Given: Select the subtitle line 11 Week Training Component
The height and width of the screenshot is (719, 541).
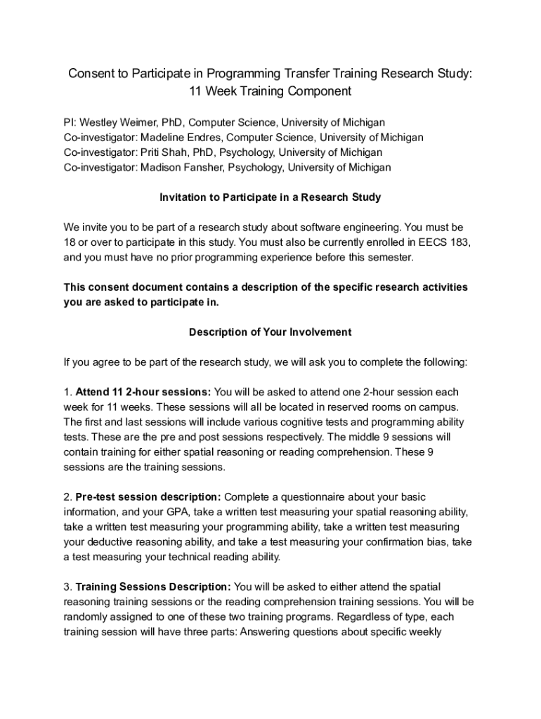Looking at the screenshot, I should pyautogui.click(x=270, y=91).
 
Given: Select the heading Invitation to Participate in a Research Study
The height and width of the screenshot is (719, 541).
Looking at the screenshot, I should pyautogui.click(x=270, y=197).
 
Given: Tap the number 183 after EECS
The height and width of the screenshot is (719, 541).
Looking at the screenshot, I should pyautogui.click(x=459, y=242).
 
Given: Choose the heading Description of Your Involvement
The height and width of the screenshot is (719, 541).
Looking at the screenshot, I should pyautogui.click(x=270, y=332).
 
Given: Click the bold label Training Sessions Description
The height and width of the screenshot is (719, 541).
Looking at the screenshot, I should pyautogui.click(x=152, y=586).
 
